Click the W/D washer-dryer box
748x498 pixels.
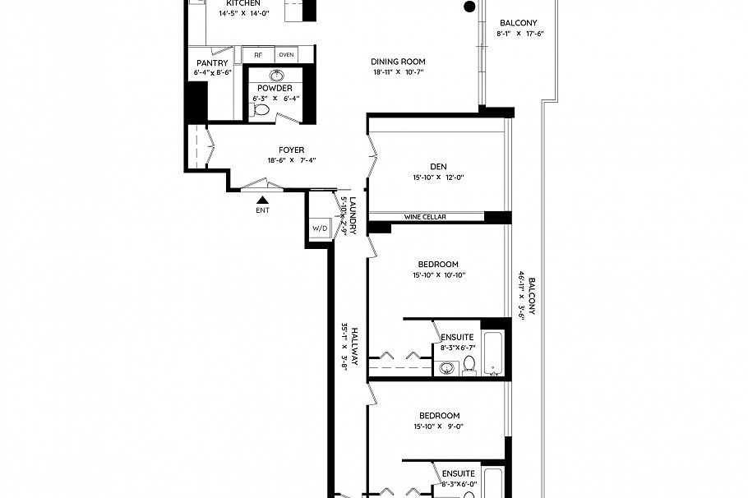click(x=318, y=228)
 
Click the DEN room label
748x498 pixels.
click(x=438, y=165)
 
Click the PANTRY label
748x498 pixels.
click(x=211, y=63)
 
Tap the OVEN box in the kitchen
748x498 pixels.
click(x=286, y=54)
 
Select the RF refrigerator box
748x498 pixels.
click(x=258, y=54)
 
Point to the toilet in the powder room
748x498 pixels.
click(x=261, y=108)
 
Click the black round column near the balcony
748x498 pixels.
click(x=469, y=7)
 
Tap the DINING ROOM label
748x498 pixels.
click(x=398, y=62)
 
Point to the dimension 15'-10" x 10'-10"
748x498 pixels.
click(x=438, y=275)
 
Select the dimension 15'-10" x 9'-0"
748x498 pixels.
click(x=438, y=427)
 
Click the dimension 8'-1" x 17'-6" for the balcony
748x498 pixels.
click(x=520, y=34)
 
